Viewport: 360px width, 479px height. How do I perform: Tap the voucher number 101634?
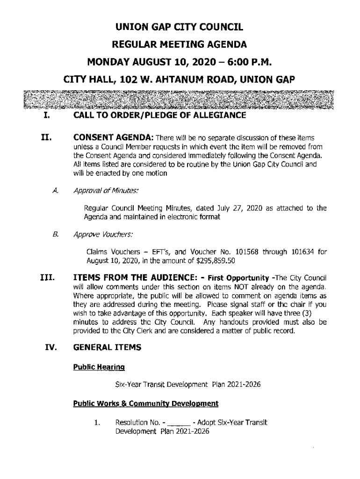pyautogui.click(x=299, y=252)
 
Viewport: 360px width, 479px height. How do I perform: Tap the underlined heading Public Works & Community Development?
pyautogui.click(x=145, y=403)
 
